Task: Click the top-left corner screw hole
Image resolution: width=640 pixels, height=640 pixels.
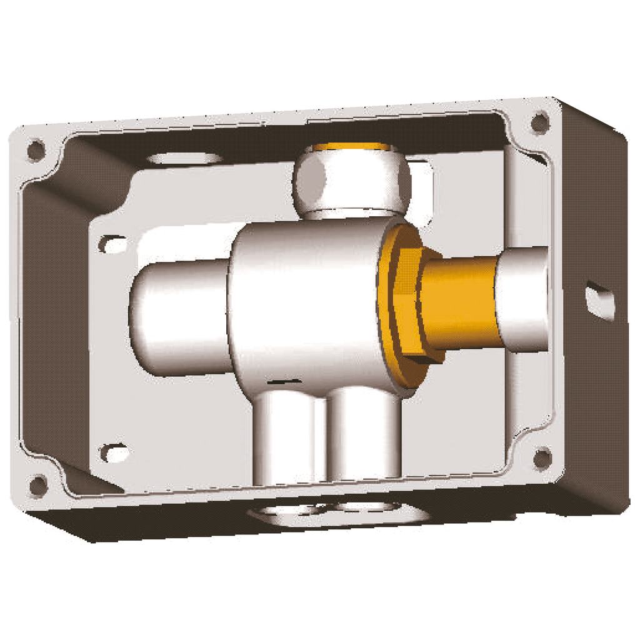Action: (36, 150)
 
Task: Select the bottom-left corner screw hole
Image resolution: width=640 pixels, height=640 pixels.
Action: (38, 484)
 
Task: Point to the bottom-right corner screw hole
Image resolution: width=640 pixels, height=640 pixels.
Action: (542, 458)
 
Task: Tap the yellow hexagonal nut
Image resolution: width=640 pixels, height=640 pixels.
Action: (400, 306)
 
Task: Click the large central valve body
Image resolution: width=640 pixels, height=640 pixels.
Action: (306, 300)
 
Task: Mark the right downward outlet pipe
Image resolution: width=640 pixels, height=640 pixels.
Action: (365, 437)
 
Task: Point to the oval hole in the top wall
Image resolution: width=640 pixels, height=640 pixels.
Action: (184, 157)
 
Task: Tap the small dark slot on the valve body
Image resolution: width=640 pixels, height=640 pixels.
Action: (281, 380)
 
